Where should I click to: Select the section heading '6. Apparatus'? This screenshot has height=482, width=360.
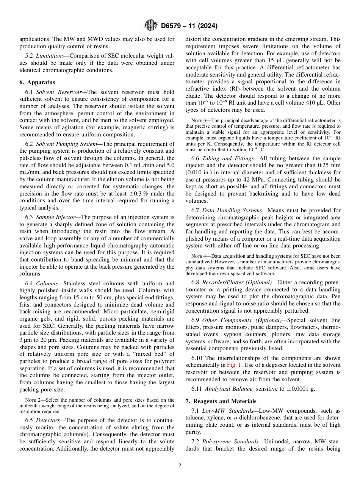coord(37,82)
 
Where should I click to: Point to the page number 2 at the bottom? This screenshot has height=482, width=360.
coord(180,466)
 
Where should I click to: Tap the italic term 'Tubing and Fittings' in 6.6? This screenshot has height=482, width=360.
coord(225,159)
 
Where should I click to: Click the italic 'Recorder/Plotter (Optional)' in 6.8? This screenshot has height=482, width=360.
coord(237,283)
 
